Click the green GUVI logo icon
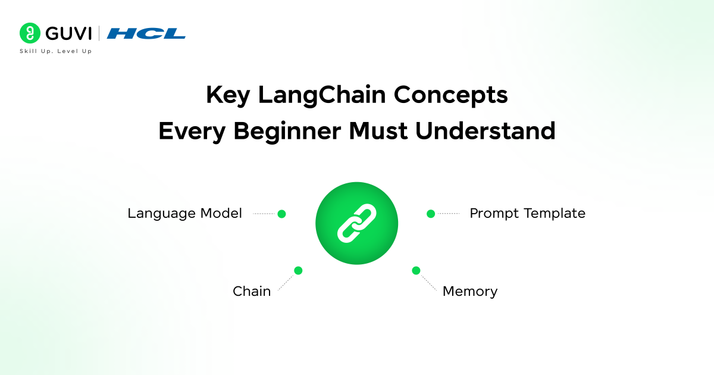coord(29,33)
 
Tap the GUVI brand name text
coord(65,33)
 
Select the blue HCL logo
coord(146,33)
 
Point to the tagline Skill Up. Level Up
coord(56,51)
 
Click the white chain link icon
coord(356,223)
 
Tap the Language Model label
coord(184,213)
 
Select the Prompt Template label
coord(527,213)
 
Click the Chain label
coord(252,291)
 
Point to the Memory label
coord(469,291)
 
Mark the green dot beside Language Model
coord(281,214)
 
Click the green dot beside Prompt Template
coord(431,214)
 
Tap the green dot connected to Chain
coord(298,270)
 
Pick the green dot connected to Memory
coord(416,270)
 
